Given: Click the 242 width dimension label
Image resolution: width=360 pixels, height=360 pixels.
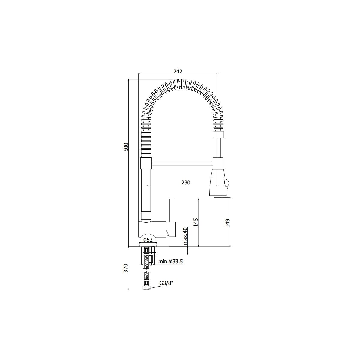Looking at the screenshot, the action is click(x=178, y=72).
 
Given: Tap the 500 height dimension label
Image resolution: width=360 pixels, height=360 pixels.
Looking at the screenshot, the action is click(x=127, y=147).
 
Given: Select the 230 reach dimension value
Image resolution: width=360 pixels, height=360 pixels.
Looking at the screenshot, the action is click(x=186, y=182).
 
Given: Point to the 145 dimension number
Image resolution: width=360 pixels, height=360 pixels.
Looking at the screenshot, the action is click(x=196, y=222).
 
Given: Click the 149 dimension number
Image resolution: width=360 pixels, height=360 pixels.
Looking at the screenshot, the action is click(x=228, y=223).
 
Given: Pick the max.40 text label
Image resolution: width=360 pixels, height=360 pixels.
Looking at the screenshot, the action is click(x=185, y=236).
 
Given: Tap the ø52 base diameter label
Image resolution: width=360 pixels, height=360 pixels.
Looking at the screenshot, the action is click(x=148, y=240).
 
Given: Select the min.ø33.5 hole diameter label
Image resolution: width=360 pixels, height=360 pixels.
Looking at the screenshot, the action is click(x=171, y=262).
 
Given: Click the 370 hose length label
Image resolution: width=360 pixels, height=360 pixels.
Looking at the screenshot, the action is click(x=126, y=268).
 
